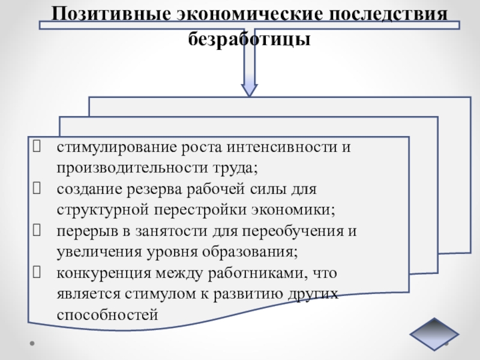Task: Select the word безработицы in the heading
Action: tap(250, 40)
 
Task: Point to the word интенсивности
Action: tap(277, 148)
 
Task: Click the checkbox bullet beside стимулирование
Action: tap(38, 148)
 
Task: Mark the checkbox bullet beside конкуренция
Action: tap(38, 274)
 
